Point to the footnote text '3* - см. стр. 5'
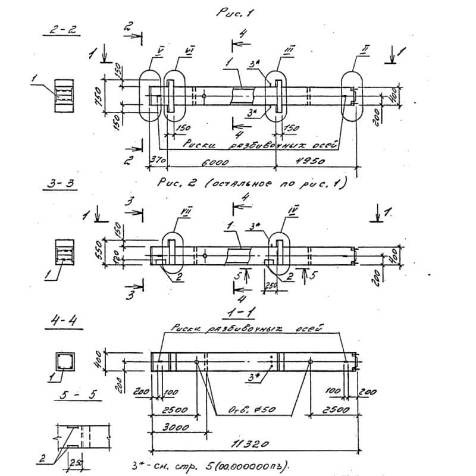211,464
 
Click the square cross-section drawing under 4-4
64,361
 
